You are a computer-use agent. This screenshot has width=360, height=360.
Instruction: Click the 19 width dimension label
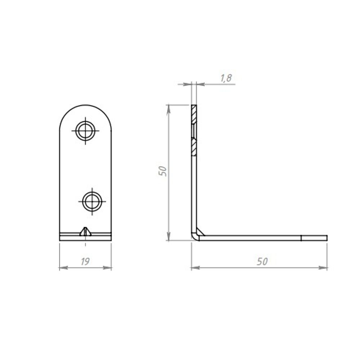(x=85, y=261)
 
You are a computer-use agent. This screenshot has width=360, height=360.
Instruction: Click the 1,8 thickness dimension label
(x=226, y=78)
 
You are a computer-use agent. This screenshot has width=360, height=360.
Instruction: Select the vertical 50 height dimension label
(x=163, y=171)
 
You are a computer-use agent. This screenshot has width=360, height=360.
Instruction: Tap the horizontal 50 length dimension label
(x=262, y=261)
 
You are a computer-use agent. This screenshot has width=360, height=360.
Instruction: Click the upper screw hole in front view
(x=85, y=131)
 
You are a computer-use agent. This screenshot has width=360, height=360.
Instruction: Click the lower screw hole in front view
(x=92, y=202)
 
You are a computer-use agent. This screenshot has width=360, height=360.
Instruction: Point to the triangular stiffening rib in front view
(x=85, y=231)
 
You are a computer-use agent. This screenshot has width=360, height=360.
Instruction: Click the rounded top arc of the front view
(x=85, y=105)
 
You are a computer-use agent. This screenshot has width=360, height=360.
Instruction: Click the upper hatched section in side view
(x=194, y=114)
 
